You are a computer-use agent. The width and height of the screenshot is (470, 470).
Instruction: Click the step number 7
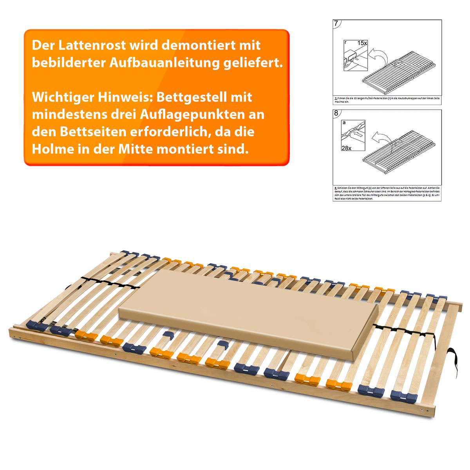[x=336, y=23]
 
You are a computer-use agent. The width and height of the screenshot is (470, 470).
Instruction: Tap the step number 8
[x=336, y=114]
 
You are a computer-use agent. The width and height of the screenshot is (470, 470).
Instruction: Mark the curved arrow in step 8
[x=380, y=137]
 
